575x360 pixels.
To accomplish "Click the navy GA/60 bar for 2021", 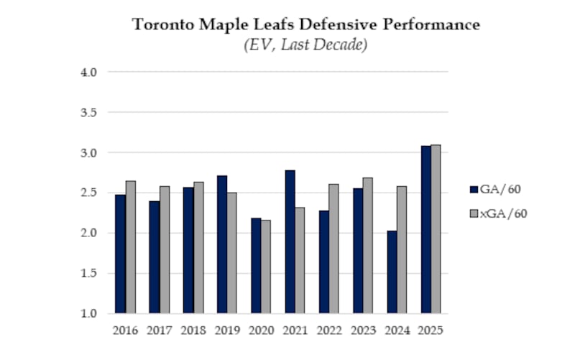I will (x=290, y=241).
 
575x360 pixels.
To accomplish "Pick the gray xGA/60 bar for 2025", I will (x=436, y=229).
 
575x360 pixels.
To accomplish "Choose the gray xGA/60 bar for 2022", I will (x=333, y=249).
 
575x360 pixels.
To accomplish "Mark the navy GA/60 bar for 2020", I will (x=255, y=265).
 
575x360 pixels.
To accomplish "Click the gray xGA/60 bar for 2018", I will (x=198, y=248).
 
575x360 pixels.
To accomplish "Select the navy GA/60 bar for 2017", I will (x=154, y=257).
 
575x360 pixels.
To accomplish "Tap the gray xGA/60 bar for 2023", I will (x=368, y=246).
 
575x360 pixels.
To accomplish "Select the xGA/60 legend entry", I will (x=499, y=213).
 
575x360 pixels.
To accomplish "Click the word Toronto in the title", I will (x=160, y=24).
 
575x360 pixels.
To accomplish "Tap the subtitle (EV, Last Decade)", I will (x=306, y=45).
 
